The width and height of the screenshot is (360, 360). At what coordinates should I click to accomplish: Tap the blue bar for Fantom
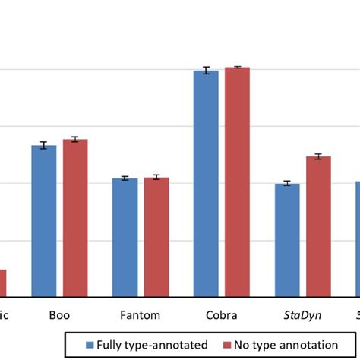[125, 237]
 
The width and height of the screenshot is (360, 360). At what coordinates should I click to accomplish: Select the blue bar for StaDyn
[287, 239]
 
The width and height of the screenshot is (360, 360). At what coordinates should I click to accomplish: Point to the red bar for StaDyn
[318, 226]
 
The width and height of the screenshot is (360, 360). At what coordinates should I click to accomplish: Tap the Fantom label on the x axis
[141, 314]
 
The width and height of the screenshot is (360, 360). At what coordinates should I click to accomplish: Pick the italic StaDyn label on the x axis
[302, 314]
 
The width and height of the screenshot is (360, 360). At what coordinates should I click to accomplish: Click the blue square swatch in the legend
[90, 345]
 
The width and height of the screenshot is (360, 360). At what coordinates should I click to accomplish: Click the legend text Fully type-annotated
[151, 345]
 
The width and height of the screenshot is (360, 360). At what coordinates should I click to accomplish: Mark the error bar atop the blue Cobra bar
[206, 71]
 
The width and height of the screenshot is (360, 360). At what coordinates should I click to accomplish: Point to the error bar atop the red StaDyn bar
[318, 156]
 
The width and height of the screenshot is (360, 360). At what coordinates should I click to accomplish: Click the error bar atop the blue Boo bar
[44, 145]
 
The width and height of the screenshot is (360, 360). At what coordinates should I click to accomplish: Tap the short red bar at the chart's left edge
[3, 283]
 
